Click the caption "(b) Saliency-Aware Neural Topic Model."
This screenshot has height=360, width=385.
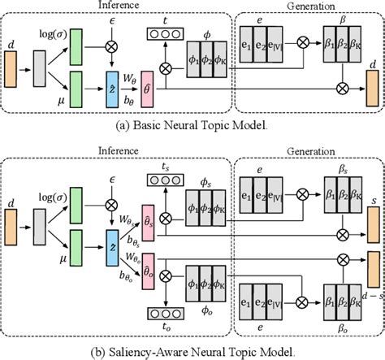pyautogui.click(x=192, y=352)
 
